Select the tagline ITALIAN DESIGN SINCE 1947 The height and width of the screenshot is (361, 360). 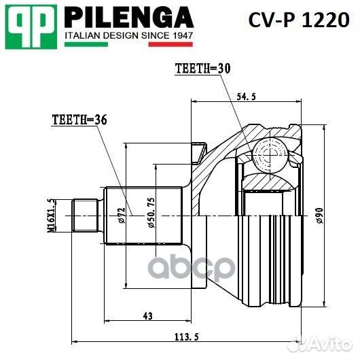point(128,34)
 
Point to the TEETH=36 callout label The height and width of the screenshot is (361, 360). point(79,120)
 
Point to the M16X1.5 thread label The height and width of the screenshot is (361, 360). point(50,216)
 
